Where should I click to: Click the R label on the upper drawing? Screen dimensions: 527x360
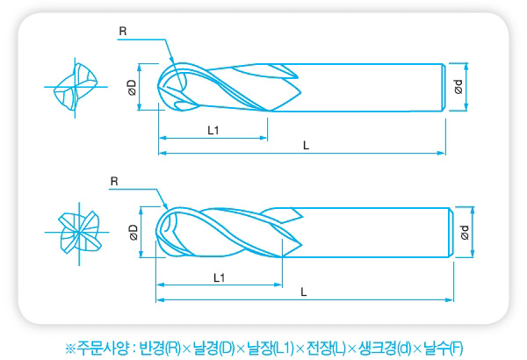pyautogui.click(x=123, y=32)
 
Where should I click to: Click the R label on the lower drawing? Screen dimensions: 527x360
pyautogui.click(x=114, y=182)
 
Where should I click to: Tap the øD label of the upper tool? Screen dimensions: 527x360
pyautogui.click(x=132, y=88)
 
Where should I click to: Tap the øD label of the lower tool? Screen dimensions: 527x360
pyautogui.click(x=134, y=233)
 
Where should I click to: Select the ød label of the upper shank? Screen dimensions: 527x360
pyautogui.click(x=458, y=87)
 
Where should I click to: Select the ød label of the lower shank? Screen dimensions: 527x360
pyautogui.click(x=465, y=233)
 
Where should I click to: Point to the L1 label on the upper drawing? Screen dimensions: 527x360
pyautogui.click(x=213, y=130)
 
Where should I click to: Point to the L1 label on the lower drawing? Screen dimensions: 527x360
pyautogui.click(x=219, y=277)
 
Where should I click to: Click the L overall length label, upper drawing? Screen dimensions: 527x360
pyautogui.click(x=306, y=146)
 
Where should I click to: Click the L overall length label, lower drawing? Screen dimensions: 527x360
pyautogui.click(x=304, y=292)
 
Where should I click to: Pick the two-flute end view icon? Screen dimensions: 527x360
pyautogui.click(x=76, y=88)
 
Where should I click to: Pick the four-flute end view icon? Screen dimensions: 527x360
pyautogui.click(x=78, y=233)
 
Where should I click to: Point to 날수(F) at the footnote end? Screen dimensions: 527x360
pyautogui.click(x=443, y=349)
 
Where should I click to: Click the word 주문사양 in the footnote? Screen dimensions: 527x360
pyautogui.click(x=103, y=349)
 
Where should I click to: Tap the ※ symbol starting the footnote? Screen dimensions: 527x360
pyautogui.click(x=70, y=349)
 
